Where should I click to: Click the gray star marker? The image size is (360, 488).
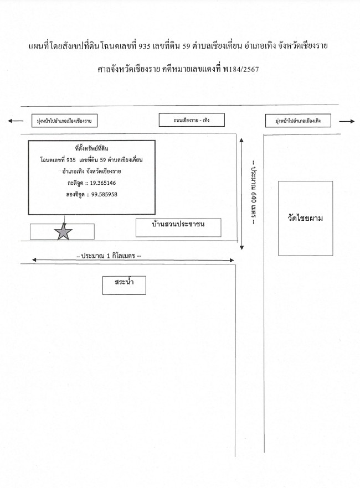tap(63, 231)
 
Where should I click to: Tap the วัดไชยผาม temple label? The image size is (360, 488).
tap(305, 218)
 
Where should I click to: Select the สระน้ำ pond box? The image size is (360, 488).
tap(124, 285)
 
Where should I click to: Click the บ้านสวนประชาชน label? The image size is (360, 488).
tap(178, 224)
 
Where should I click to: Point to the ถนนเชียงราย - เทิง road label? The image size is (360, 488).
tap(192, 120)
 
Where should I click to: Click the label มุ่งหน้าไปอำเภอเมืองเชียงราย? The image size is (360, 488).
tap(64, 121)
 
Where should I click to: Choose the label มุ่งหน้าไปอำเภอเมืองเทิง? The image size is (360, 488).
tap(298, 121)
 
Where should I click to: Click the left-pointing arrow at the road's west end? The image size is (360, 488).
tap(16, 121)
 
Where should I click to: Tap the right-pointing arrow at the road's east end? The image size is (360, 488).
tap(347, 121)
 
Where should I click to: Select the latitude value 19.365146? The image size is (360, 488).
tap(103, 183)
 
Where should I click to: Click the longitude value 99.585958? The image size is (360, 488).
tap(104, 195)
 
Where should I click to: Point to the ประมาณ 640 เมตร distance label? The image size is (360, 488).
tap(254, 192)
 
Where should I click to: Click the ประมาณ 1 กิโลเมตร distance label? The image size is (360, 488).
tap(109, 256)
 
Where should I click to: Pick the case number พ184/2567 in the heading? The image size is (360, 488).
tap(241, 69)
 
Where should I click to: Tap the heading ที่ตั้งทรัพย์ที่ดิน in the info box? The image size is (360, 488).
tap(91, 148)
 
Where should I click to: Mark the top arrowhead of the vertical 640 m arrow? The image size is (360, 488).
tap(241, 141)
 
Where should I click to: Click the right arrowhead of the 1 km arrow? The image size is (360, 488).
tap(232, 260)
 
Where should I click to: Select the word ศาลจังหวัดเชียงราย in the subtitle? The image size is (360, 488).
tap(128, 69)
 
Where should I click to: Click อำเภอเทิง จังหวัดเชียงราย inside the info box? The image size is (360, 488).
tap(91, 171)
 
